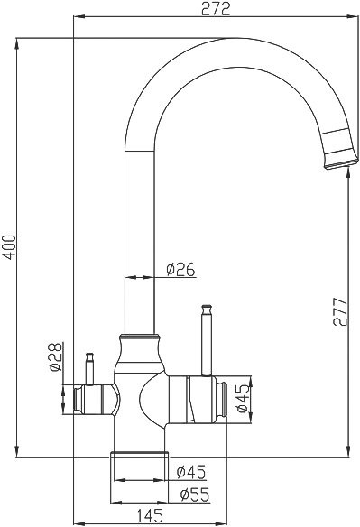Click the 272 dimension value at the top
217,9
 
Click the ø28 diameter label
54,358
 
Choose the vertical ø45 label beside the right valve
241,398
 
